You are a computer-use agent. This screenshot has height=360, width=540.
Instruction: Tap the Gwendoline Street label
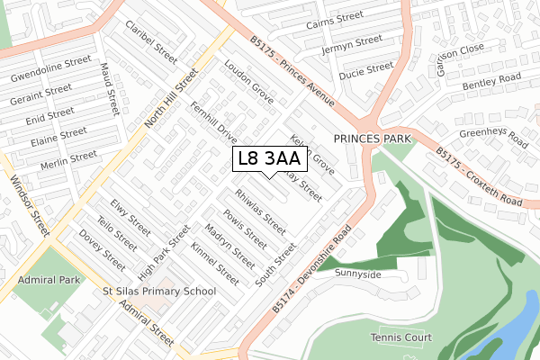point(51,67)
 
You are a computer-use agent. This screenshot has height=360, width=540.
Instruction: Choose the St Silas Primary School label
point(159,291)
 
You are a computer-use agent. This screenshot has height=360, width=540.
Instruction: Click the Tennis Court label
point(400,337)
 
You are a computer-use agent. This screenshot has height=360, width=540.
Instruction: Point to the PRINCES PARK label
point(372,139)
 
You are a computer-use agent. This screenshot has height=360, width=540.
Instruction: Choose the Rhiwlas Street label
point(259,210)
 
